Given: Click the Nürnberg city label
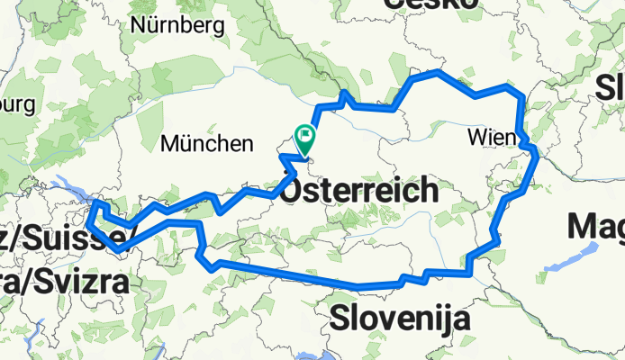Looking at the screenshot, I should pyautogui.click(x=177, y=25).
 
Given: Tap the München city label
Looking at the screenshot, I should pyautogui.click(x=207, y=143).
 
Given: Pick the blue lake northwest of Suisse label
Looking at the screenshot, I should pyautogui.click(x=72, y=192).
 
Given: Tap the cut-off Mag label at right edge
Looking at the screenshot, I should pyautogui.click(x=597, y=224).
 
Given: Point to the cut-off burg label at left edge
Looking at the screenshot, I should pyautogui.click(x=16, y=104).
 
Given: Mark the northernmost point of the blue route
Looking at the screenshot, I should pyautogui.click(x=439, y=71).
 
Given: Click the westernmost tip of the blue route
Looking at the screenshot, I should pyautogui.click(x=92, y=209).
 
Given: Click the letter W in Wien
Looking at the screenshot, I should pyautogui.click(x=476, y=138).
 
